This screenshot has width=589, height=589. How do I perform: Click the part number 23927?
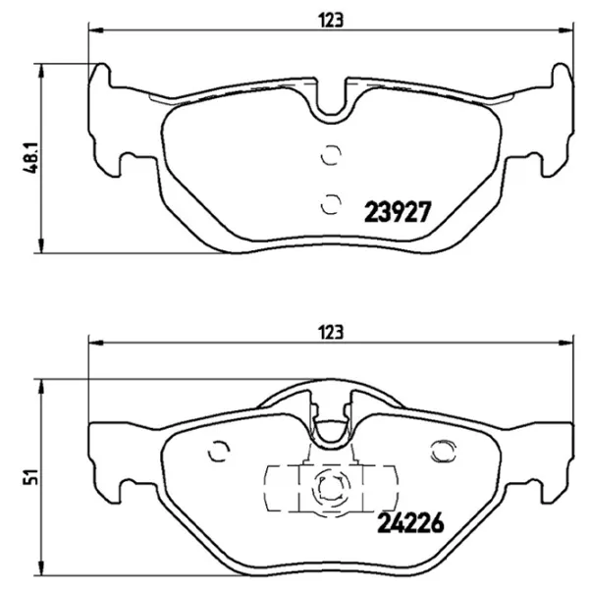point(398,212)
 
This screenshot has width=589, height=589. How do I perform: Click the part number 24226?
point(410,522)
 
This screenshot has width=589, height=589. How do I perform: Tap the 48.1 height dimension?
point(31,158)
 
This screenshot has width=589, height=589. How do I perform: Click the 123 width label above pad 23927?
point(331,21)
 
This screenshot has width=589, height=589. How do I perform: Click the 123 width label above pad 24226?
point(331,332)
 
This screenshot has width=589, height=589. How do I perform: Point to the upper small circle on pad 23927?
point(331,155)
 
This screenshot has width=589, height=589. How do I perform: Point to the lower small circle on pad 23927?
point(331,204)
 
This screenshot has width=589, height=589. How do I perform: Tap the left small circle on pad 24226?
point(219,451)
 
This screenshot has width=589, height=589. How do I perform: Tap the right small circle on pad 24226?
point(444,452)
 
